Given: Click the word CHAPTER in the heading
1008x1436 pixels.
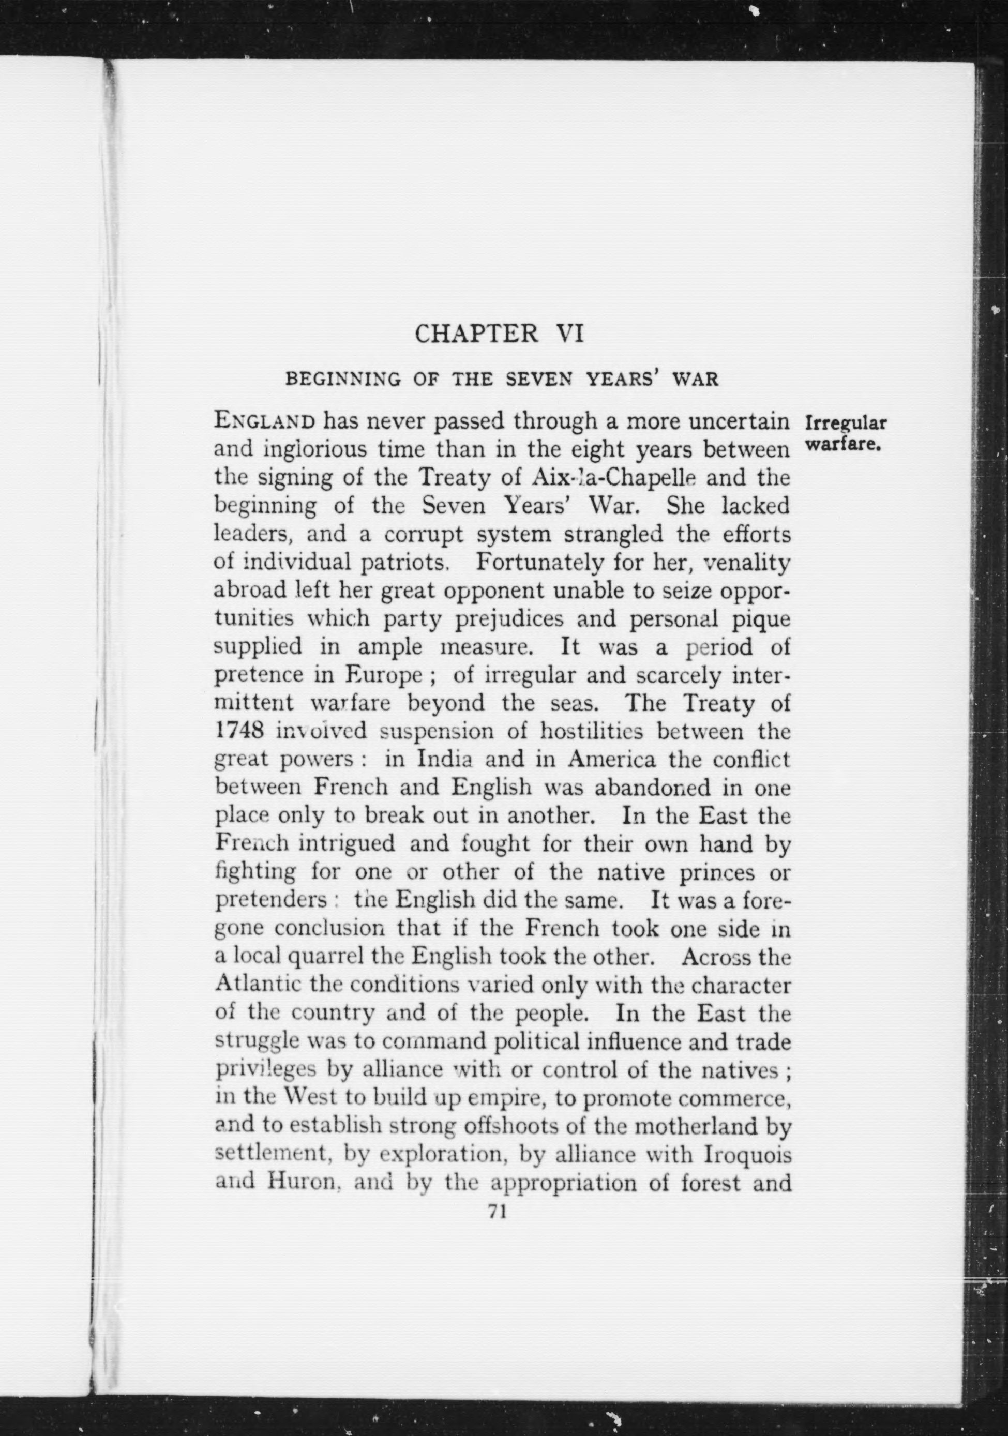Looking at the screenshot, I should (477, 334).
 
